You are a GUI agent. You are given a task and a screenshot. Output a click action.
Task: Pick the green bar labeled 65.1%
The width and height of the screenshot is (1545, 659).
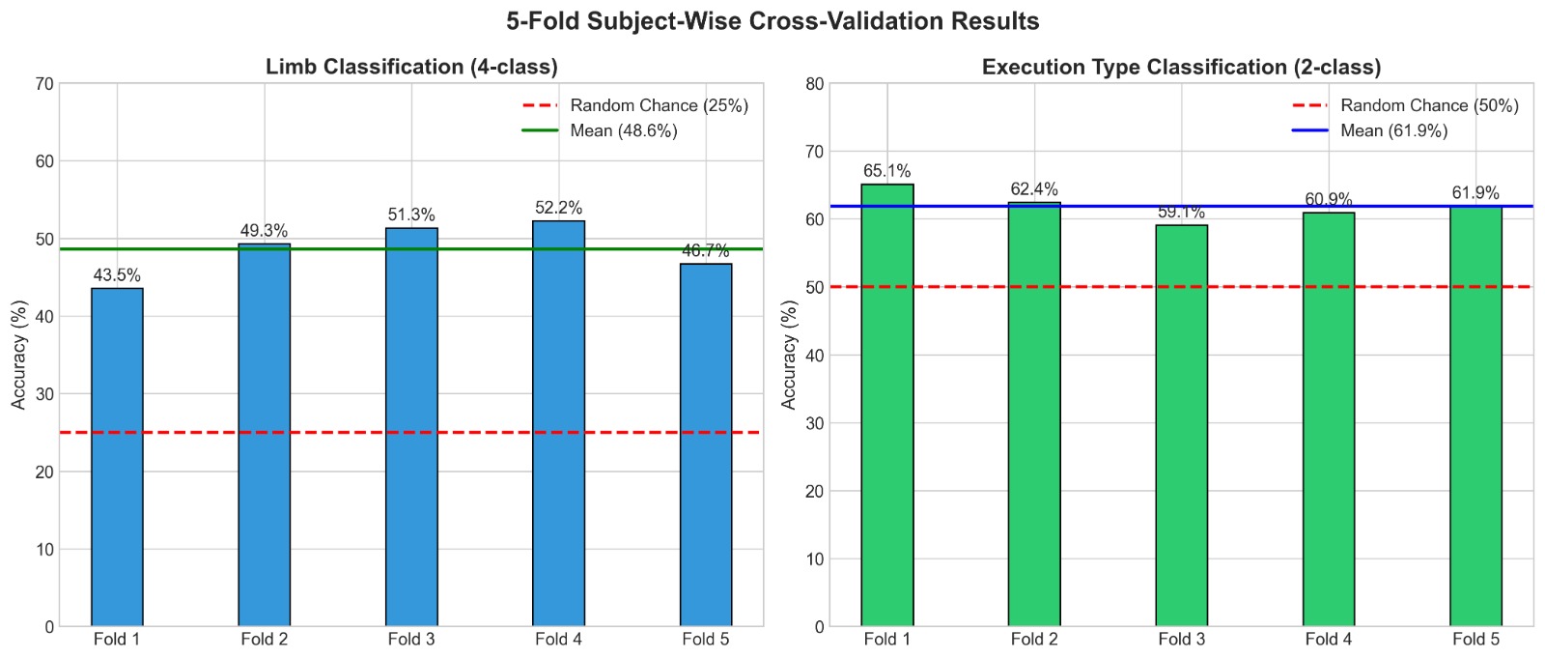click(x=887, y=405)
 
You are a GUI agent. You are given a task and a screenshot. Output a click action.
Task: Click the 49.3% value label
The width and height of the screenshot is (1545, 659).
click(x=264, y=231)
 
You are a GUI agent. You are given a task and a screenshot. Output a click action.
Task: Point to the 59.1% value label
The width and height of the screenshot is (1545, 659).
click(x=1181, y=212)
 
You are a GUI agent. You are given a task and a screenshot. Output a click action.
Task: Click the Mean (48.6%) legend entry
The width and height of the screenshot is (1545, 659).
click(x=623, y=130)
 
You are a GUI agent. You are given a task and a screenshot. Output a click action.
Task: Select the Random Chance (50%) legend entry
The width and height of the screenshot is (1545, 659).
click(x=1428, y=105)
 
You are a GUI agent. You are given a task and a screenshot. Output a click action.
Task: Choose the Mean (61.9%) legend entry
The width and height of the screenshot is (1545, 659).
click(x=1393, y=130)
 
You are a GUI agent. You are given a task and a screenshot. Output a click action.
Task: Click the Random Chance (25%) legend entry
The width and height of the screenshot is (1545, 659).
click(x=659, y=105)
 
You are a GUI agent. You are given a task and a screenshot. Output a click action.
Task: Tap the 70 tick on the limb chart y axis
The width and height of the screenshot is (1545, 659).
click(x=43, y=84)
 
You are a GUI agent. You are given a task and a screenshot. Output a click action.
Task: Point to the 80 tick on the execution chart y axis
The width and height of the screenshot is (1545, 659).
click(x=814, y=84)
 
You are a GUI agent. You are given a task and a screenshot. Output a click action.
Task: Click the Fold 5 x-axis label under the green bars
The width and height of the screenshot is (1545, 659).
click(x=1475, y=639)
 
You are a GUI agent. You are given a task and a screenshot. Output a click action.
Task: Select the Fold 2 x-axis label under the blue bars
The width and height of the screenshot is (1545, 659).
click(x=264, y=639)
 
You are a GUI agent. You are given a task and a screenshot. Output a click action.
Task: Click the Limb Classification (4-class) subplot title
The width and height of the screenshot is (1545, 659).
click(x=411, y=67)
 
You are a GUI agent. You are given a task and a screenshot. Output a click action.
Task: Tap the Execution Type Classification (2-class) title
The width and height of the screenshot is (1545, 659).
click(x=1181, y=67)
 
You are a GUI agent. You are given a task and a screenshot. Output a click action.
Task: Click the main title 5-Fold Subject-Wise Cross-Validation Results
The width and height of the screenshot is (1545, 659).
click(x=772, y=21)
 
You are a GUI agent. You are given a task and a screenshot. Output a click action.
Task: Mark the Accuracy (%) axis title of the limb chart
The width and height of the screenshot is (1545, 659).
click(x=19, y=355)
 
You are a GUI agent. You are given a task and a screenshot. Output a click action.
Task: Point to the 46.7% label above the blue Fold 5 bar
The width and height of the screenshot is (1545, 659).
click(x=705, y=251)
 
